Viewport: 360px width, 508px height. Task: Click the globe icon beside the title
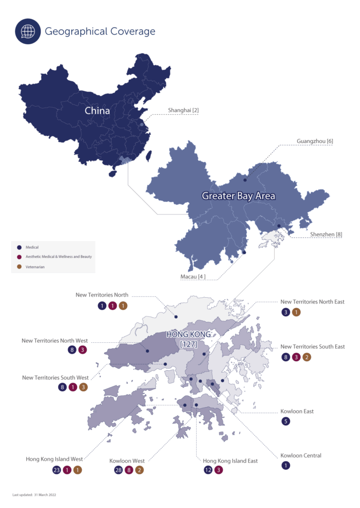28,31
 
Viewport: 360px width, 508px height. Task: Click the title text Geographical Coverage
100,32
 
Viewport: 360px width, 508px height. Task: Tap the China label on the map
97,111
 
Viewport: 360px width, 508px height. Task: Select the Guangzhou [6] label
315,141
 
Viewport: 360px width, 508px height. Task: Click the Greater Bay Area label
238,196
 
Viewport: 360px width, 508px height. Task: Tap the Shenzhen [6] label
326,234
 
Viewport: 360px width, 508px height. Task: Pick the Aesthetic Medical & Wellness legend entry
59,257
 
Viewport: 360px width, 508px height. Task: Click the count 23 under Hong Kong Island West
56,470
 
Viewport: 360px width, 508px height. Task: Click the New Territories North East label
312,302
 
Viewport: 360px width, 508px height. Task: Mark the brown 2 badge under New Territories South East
307,357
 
